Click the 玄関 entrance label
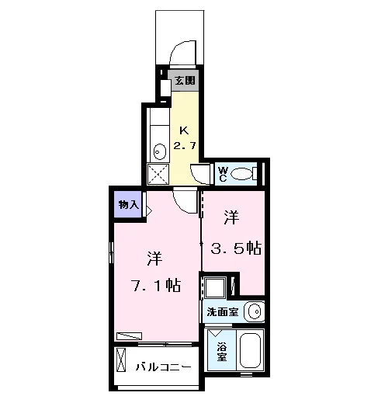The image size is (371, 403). pos(185,81)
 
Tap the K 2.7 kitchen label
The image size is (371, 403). pos(185,138)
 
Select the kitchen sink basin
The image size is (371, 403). pos(160,151)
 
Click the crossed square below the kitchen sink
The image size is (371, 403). pos(158,174)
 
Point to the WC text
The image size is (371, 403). pos(223,174)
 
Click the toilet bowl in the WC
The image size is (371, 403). pos(241,174)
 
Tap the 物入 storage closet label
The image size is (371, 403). pos(129,205)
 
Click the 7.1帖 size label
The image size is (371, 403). pos(157,285)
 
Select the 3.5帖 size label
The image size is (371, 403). pos(236,248)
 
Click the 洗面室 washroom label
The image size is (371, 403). pos(223,312)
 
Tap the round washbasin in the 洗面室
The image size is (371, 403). pos(255,311)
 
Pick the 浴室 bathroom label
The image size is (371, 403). pos(222,352)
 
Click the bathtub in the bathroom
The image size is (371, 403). pos(250,349)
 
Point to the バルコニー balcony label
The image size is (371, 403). pos(164,367)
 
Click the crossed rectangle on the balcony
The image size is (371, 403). pos(121,360)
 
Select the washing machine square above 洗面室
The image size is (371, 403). pos(215,287)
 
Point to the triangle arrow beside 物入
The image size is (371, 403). pos(149,211)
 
